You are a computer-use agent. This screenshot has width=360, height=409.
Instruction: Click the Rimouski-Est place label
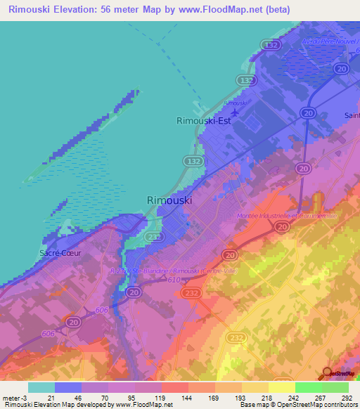(x=203, y=120)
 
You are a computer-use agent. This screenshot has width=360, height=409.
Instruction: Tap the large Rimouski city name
(x=169, y=200)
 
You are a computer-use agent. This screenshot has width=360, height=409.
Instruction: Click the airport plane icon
(x=234, y=110)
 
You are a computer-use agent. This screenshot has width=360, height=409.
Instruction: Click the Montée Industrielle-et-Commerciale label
(x=287, y=215)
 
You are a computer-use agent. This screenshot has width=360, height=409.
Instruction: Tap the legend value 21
(x=52, y=397)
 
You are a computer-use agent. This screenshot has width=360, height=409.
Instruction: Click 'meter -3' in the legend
(x=15, y=397)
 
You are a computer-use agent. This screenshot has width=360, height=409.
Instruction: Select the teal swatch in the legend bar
(x=41, y=387)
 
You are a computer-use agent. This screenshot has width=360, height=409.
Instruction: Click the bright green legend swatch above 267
(x=308, y=387)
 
